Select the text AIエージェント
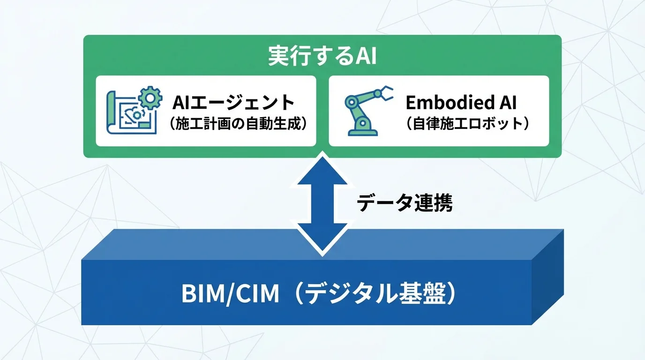tap(233, 102)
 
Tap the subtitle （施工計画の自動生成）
tap(239, 124)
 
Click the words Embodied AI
tap(461, 102)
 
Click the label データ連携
tap(405, 203)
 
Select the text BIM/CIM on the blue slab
tap(230, 294)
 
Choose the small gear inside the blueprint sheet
tap(136, 114)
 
